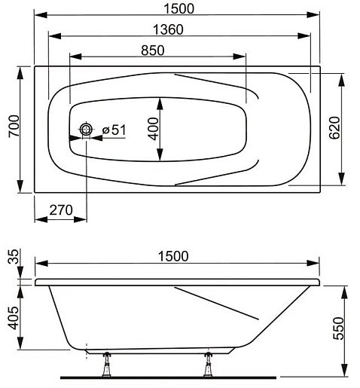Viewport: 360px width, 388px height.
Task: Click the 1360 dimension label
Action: [168, 29]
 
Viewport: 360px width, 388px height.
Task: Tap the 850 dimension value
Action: [153, 50]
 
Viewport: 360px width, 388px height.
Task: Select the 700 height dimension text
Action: [14, 126]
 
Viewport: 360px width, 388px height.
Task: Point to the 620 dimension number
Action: [334, 127]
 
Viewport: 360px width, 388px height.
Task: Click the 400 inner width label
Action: [153, 129]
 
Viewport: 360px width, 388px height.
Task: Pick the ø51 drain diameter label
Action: [114, 130]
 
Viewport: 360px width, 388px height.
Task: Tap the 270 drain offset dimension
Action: [61, 210]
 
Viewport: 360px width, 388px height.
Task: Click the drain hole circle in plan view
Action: [86, 130]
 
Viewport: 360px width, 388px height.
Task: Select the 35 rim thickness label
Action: [14, 256]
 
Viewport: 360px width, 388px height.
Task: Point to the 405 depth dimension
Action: [14, 318]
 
